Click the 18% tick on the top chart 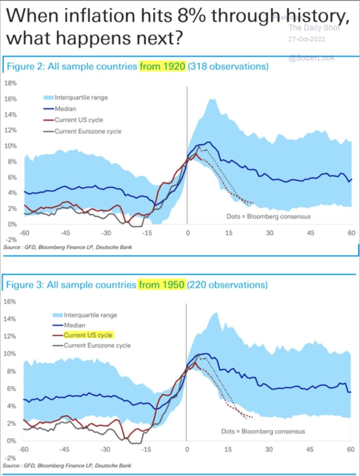pyautogui.click(x=10, y=83)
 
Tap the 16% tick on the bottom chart pyautogui.click(x=10, y=302)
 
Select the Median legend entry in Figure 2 pyautogui.click(x=65, y=109)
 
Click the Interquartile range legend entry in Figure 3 pyautogui.click(x=90, y=315)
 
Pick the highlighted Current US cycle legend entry pyautogui.click(x=88, y=335)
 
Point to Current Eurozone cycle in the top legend pyautogui.click(x=88, y=131)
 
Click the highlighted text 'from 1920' pyautogui.click(x=163, y=66)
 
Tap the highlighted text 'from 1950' pyautogui.click(x=162, y=285)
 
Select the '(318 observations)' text pyautogui.click(x=228, y=66)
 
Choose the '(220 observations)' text pyautogui.click(x=227, y=285)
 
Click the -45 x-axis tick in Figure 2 pyautogui.click(x=65, y=233)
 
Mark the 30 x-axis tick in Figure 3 pyautogui.click(x=269, y=449)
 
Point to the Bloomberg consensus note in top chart pyautogui.click(x=268, y=217)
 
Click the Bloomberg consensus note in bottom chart pyautogui.click(x=263, y=432)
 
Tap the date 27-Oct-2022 pyautogui.click(x=307, y=39)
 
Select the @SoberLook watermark pyautogui.click(x=311, y=58)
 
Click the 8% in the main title pyautogui.click(x=191, y=16)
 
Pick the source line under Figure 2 pyautogui.click(x=68, y=247)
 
